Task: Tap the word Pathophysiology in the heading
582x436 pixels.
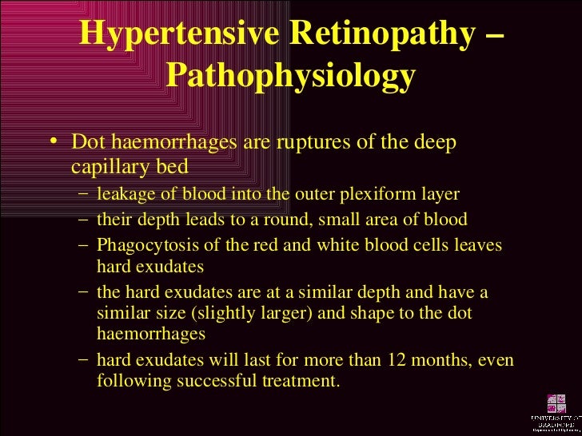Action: coord(291,77)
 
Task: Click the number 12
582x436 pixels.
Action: coord(347,361)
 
